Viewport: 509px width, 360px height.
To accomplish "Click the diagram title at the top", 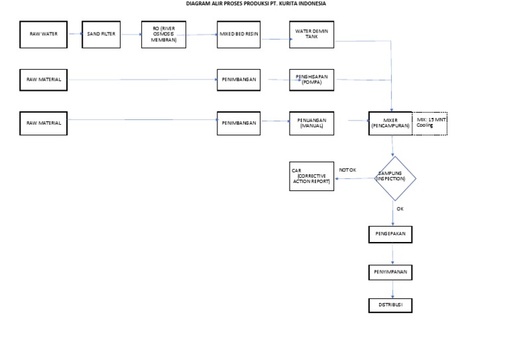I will [256, 3].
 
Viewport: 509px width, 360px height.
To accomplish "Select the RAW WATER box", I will [44, 34].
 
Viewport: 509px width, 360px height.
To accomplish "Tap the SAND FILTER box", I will [101, 34].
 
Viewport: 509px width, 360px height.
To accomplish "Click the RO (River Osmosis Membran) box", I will [164, 34].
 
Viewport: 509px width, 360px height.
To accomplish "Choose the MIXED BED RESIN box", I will [239, 34].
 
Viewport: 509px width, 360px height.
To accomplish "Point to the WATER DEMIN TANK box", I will [311, 34].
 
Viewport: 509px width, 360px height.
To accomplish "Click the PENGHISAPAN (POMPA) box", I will [311, 80].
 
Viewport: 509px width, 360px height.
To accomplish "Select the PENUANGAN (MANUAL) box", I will [311, 123].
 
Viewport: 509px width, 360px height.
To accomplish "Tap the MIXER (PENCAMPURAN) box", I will [390, 123].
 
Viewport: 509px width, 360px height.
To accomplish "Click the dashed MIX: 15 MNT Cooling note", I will [430, 123].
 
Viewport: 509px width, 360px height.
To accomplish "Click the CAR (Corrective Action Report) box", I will [311, 177].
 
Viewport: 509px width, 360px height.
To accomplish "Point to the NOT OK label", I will [348, 170].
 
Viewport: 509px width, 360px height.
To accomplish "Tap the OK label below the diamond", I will [400, 208].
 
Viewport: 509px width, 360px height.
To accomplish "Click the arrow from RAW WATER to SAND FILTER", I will [75, 34].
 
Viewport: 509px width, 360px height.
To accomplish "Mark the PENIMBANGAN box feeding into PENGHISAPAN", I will [239, 80].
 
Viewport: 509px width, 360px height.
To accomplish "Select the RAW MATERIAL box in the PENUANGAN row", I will [44, 123].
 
